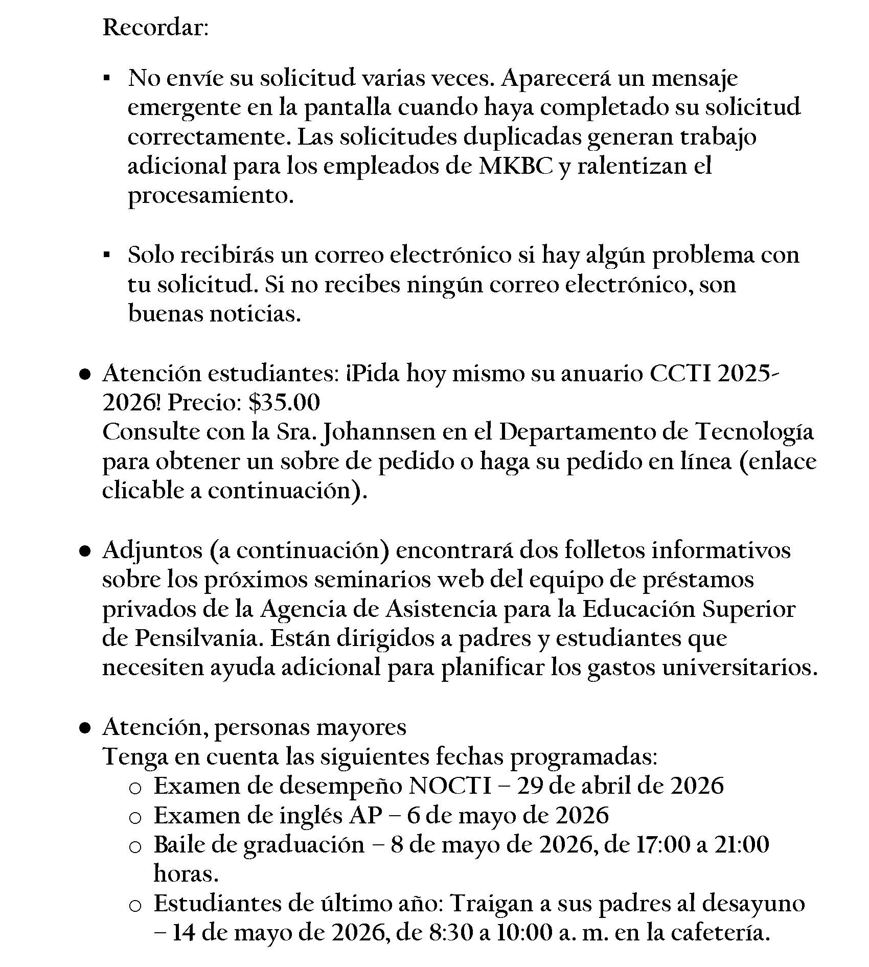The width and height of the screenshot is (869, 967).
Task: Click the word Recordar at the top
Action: pyautogui.click(x=155, y=27)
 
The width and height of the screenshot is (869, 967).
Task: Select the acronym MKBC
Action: pyautogui.click(x=516, y=167)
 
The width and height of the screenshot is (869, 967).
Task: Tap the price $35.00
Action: pyautogui.click(x=284, y=403)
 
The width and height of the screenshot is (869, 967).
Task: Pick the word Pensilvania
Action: pyautogui.click(x=199, y=639)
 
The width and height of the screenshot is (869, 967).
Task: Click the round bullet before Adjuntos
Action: pyautogui.click(x=85, y=552)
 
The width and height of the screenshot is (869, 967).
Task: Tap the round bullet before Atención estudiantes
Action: pyautogui.click(x=85, y=375)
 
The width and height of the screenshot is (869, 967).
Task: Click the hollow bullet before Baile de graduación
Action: pyautogui.click(x=135, y=847)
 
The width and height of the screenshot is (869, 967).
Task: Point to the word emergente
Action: pyautogui.click(x=184, y=108)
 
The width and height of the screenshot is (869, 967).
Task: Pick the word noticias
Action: pyautogui.click(x=256, y=314)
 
